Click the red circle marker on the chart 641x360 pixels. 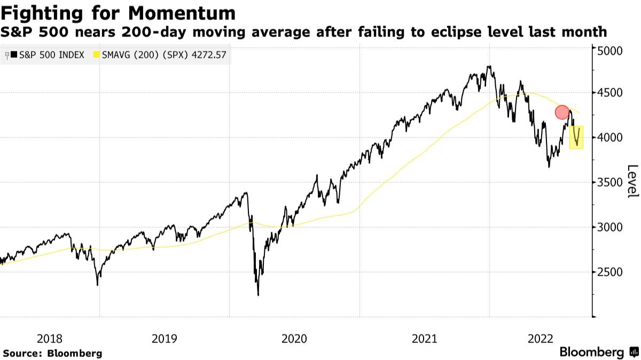[561, 112]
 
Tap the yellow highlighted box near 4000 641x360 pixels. [576, 137]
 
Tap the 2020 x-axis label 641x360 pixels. [294, 338]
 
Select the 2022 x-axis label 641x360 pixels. [541, 338]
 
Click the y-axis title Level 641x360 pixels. [632, 182]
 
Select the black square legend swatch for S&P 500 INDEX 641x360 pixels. [14, 54]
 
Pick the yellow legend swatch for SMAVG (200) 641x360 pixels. [97, 54]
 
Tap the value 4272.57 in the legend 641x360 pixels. [207, 54]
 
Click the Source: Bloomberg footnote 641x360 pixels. [52, 353]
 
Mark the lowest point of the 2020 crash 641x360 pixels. [259, 295]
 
